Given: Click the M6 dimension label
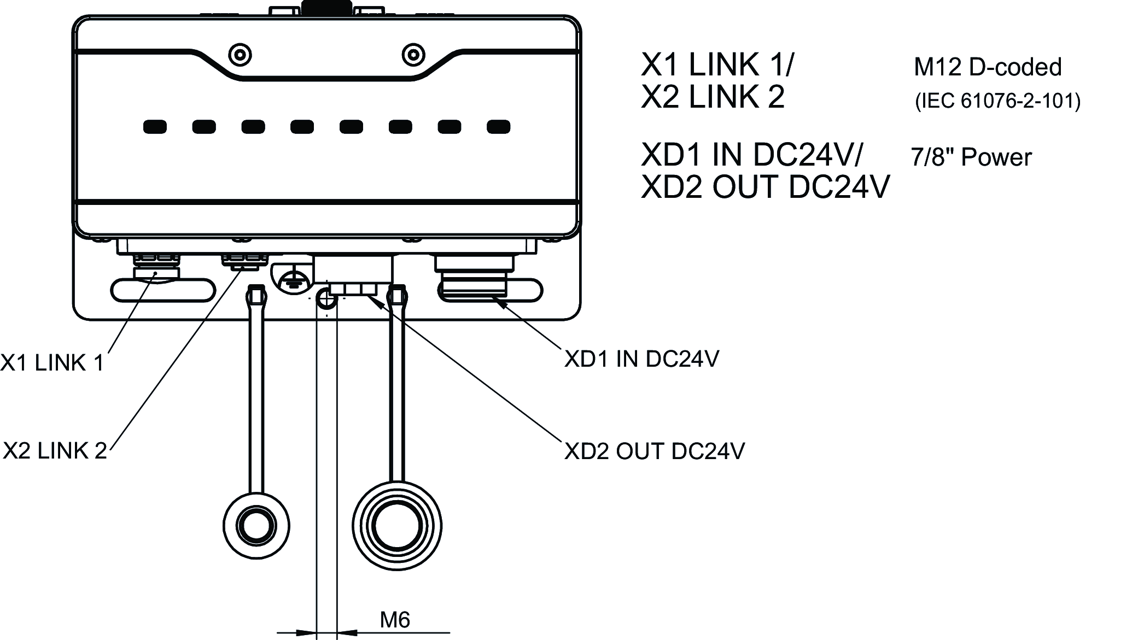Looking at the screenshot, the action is (x=395, y=620).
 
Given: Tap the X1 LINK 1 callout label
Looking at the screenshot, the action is (x=52, y=363).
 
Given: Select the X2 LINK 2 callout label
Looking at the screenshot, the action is (x=55, y=451).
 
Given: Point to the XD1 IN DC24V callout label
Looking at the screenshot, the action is (x=642, y=359).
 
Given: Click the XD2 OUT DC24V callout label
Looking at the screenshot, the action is (x=655, y=451).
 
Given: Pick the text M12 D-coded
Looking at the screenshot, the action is (x=988, y=67).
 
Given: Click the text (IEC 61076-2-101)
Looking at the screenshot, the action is (x=997, y=101).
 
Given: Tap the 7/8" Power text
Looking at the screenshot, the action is (x=971, y=157).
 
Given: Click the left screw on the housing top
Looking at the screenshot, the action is (x=240, y=55).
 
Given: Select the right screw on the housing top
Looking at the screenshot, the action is (x=413, y=55).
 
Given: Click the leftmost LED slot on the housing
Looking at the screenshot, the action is (x=155, y=127).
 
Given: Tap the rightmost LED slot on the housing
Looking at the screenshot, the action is (x=499, y=127).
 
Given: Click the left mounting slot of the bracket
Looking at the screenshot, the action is (x=164, y=290).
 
